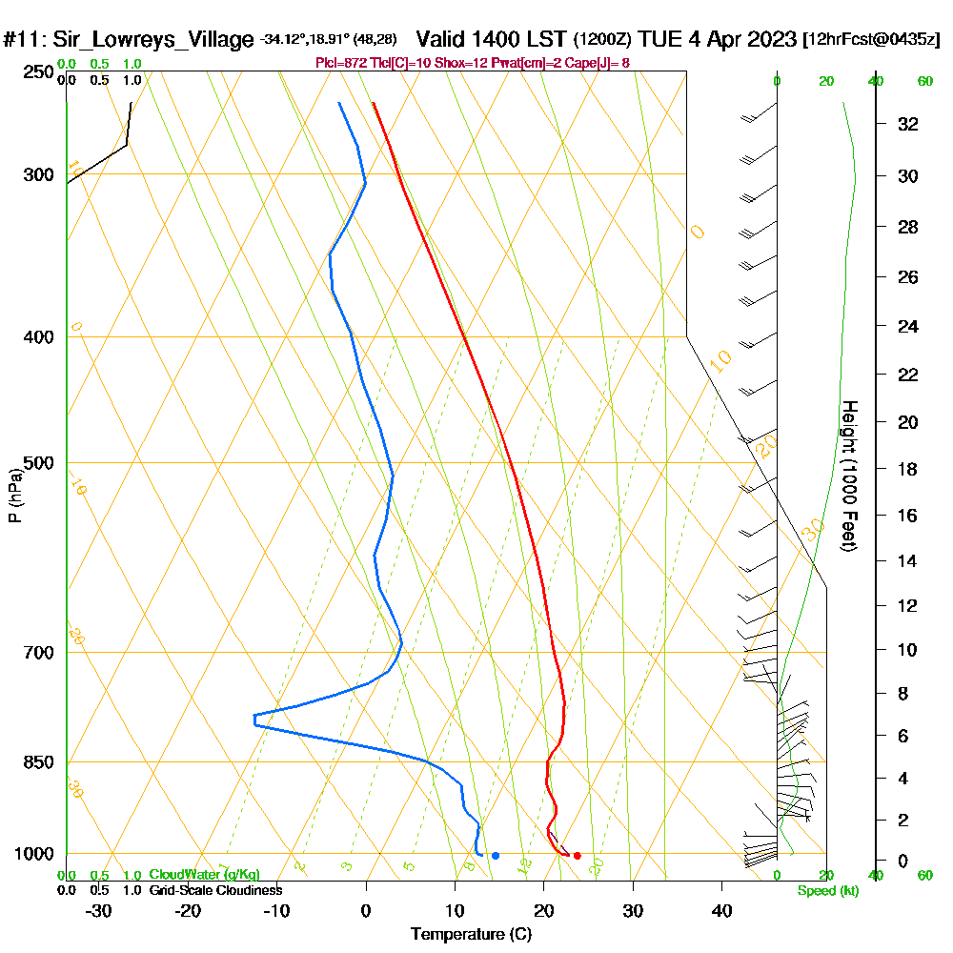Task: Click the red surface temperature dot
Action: click(577, 856)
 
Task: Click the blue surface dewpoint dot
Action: click(496, 856)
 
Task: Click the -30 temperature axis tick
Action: click(99, 910)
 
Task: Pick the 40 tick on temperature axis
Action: click(721, 910)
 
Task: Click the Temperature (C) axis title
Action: click(471, 935)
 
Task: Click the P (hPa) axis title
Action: click(14, 496)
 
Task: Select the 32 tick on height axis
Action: click(907, 124)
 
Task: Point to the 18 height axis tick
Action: click(907, 469)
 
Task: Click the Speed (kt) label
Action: click(828, 891)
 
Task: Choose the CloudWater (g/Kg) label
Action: click(204, 875)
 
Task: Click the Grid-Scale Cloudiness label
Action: click(215, 890)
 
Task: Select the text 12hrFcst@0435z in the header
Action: click(872, 40)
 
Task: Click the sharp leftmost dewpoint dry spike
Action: click(255, 720)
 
